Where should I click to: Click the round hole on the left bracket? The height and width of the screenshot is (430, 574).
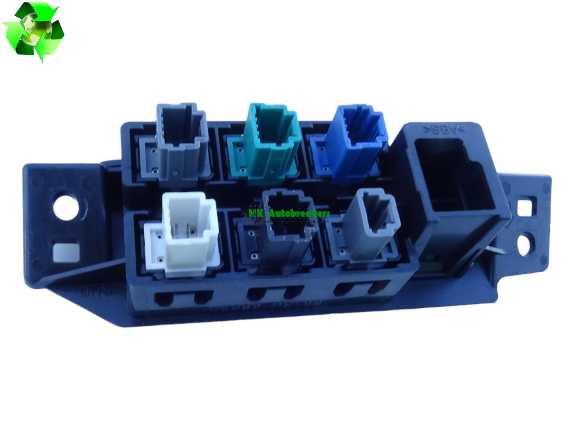[66, 206]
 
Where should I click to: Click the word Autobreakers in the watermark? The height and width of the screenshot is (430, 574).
[299, 214]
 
